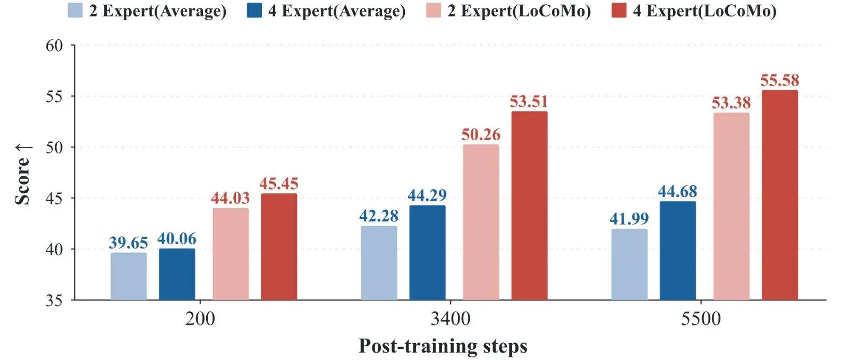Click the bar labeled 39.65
pyautogui.click(x=129, y=277)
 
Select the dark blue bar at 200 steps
pyautogui.click(x=177, y=275)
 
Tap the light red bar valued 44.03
pyautogui.click(x=231, y=254)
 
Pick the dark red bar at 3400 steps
pyautogui.click(x=529, y=205)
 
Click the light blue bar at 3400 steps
pyautogui.click(x=379, y=263)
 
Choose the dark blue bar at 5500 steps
pyautogui.click(x=678, y=251)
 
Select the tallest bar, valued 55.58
pyautogui.click(x=780, y=195)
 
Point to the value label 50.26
pyautogui.click(x=481, y=135)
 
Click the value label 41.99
pyautogui.click(x=629, y=219)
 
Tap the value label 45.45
pyautogui.click(x=279, y=184)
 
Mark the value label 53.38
pyautogui.click(x=731, y=103)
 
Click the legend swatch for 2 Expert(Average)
pyautogui.click(x=75, y=10)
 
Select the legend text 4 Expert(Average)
pyautogui.click(x=337, y=11)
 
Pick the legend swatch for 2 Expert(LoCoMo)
pyautogui.click(x=433, y=10)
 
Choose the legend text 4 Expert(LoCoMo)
pyautogui.click(x=704, y=11)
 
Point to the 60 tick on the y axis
pyautogui.click(x=54, y=46)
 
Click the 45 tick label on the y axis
pyautogui.click(x=54, y=199)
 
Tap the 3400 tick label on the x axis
pyautogui.click(x=450, y=319)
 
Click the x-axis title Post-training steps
pyautogui.click(x=443, y=346)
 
